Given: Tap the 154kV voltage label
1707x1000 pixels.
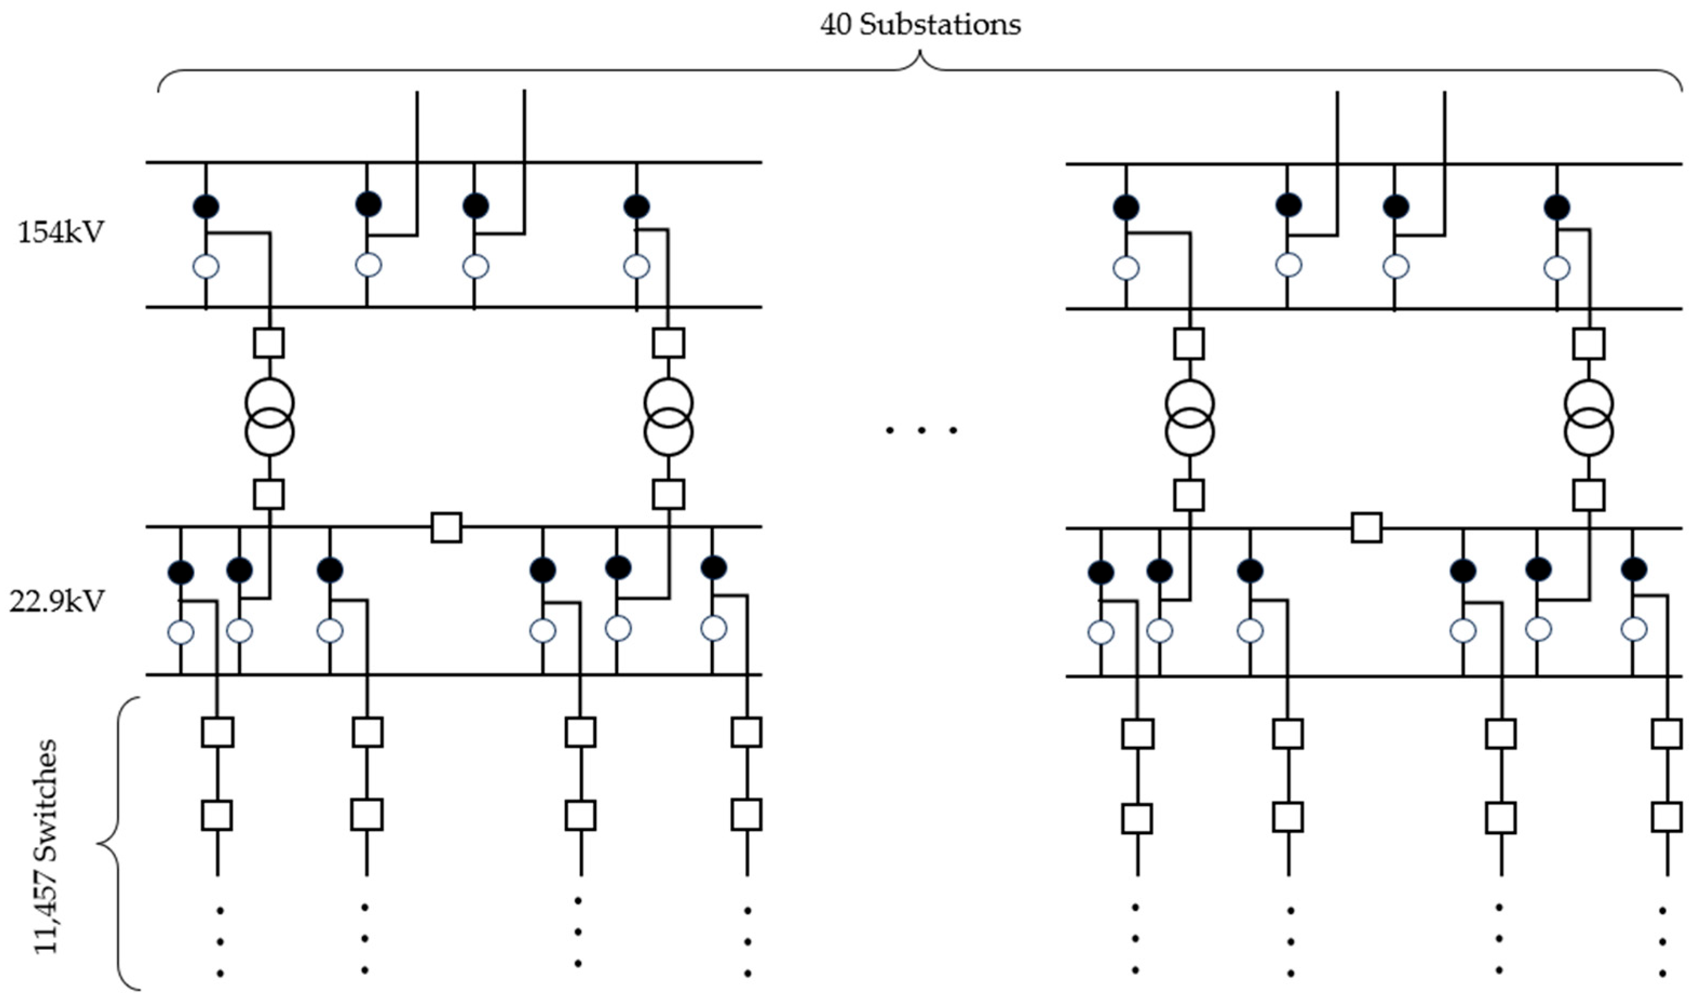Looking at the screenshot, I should click(x=61, y=233).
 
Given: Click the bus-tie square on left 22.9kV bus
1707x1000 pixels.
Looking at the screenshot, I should click(x=446, y=528).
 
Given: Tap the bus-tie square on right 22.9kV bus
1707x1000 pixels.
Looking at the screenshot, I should click(x=1366, y=528).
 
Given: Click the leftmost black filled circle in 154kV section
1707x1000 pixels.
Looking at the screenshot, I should click(x=206, y=206).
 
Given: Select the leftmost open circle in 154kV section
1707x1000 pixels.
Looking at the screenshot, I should click(x=206, y=266).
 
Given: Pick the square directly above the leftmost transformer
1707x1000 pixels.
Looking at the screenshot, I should click(x=269, y=343).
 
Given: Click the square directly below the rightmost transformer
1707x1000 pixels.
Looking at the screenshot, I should click(x=1588, y=495).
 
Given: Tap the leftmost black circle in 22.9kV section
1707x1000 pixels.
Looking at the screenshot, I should click(x=181, y=572).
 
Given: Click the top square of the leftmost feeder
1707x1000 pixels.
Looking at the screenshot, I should click(x=217, y=732).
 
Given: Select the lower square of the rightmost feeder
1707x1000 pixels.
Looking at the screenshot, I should click(x=1667, y=817).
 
